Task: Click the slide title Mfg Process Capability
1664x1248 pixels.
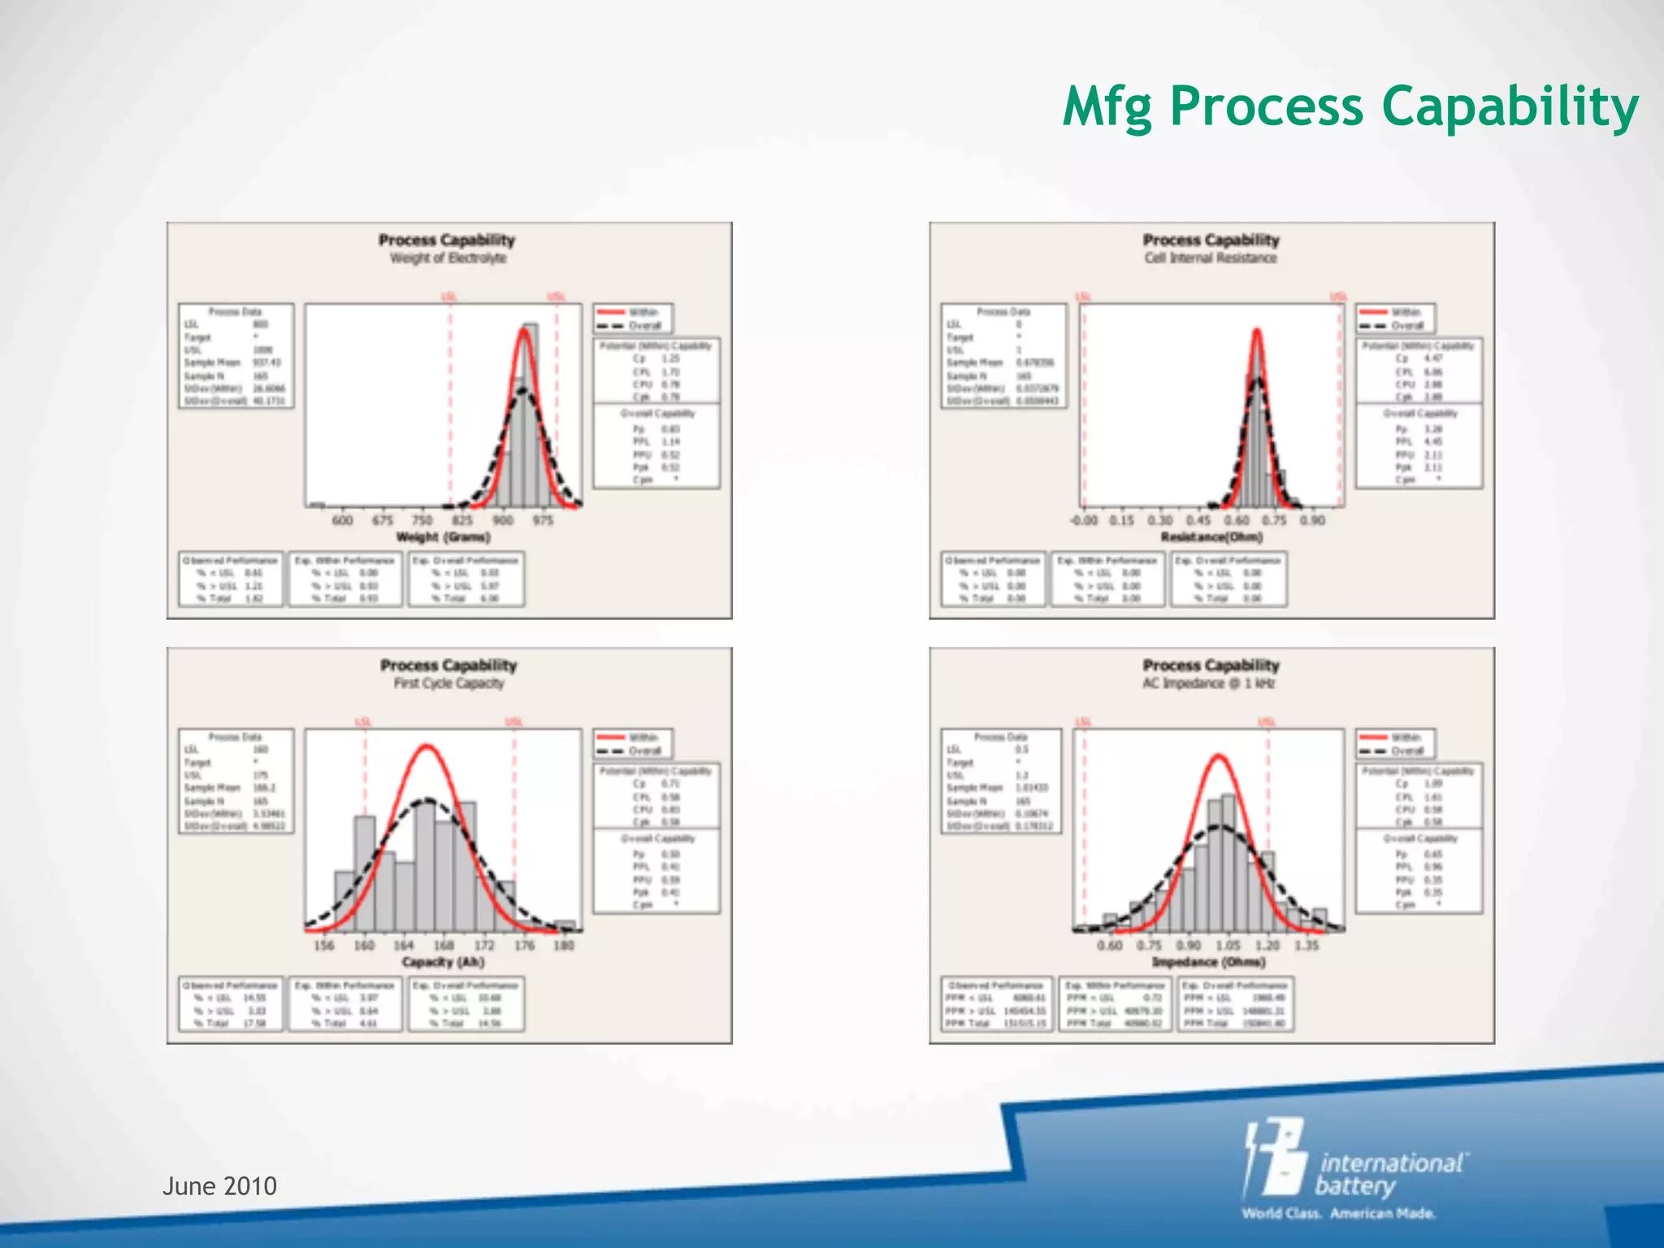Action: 1350,108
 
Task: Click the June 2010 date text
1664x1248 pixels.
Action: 219,1186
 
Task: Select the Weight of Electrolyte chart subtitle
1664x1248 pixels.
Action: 448,258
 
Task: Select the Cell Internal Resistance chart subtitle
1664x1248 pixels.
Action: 1211,258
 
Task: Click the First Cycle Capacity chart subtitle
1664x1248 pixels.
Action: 448,683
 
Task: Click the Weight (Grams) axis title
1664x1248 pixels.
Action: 443,537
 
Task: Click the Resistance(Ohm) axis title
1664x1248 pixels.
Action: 1211,537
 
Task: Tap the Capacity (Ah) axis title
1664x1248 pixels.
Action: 443,962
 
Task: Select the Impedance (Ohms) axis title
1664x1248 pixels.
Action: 1208,962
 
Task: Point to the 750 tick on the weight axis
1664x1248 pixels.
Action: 422,520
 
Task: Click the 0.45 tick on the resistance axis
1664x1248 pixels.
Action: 1198,520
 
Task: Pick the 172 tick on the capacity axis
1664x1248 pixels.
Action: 484,945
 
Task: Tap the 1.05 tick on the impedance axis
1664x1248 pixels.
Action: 1228,945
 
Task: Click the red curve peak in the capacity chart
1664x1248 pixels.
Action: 427,746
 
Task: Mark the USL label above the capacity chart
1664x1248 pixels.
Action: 513,721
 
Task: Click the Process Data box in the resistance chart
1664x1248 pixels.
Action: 1003,356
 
